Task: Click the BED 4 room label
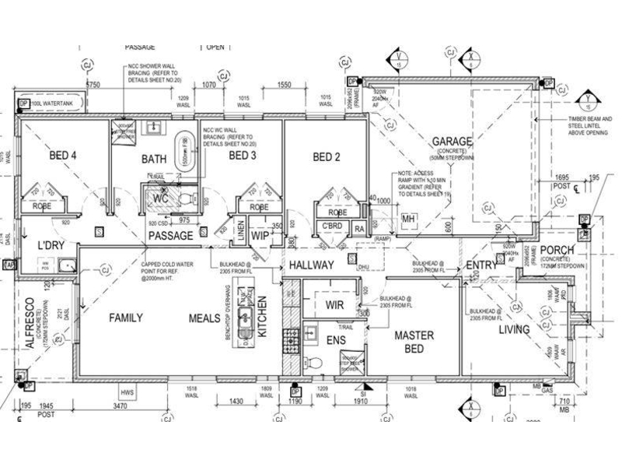(63, 156)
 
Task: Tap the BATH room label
(154, 159)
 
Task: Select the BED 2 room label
(327, 156)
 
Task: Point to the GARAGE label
(453, 142)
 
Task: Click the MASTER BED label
(407, 342)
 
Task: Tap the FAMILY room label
(126, 318)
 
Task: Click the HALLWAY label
(311, 265)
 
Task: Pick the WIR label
(334, 305)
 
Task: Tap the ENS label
(335, 340)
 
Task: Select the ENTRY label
(480, 265)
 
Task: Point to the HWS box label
(127, 392)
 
